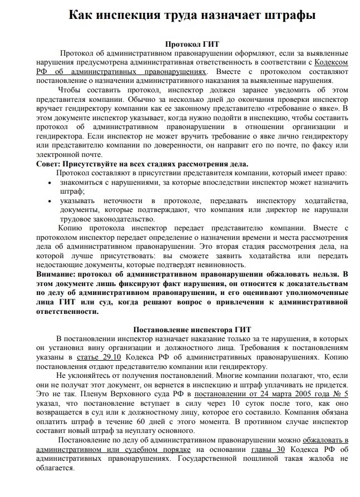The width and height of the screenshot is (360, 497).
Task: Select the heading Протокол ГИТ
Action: click(x=191, y=43)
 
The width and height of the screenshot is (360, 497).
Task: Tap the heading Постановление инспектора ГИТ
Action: click(x=191, y=329)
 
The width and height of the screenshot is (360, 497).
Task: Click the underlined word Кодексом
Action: click(x=331, y=62)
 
